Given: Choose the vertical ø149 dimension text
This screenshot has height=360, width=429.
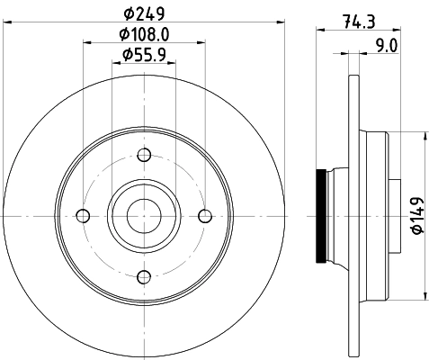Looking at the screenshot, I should click(416, 217).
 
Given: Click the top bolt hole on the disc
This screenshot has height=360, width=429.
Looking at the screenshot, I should click(144, 154).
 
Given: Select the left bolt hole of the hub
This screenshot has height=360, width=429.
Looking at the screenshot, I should click(84, 215).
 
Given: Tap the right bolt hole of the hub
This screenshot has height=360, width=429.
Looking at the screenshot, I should click(205, 215).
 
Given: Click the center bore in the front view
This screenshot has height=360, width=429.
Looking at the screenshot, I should click(144, 215).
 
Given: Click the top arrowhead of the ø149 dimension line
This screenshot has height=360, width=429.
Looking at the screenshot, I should click(424, 136).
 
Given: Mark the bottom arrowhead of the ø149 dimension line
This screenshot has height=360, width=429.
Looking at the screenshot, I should click(424, 295).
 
